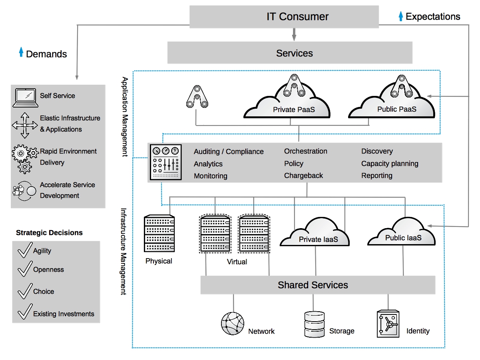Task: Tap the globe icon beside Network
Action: click(233, 323)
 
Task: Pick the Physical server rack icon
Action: click(159, 233)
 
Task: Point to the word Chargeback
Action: click(303, 175)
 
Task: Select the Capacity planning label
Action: click(390, 163)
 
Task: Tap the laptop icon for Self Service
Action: click(25, 97)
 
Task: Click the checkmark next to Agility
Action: click(25, 251)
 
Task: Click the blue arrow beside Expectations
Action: click(401, 16)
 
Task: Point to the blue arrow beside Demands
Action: click(21, 52)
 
